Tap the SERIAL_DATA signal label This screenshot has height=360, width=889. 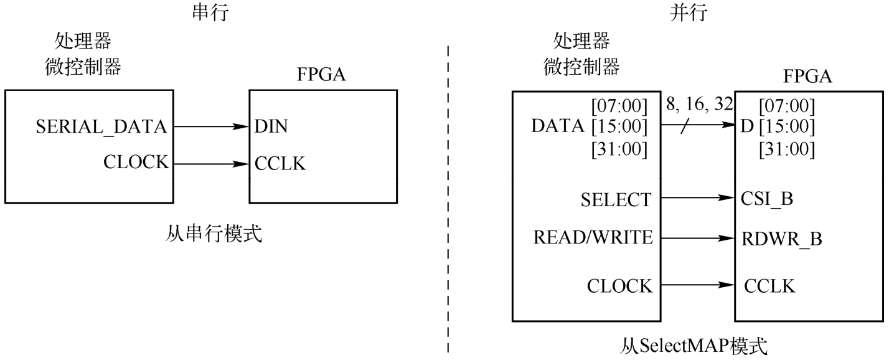pos(101,127)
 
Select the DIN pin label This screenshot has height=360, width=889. pos(271,127)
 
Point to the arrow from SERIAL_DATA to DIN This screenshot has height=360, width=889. pos(211,127)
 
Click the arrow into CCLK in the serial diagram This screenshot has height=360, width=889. pos(211,164)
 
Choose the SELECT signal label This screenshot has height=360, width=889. pos(616,200)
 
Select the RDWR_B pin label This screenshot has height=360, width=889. pos(774,238)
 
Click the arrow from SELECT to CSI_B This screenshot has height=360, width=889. pos(697,199)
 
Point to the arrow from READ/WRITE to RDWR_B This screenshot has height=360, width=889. pos(697,238)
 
